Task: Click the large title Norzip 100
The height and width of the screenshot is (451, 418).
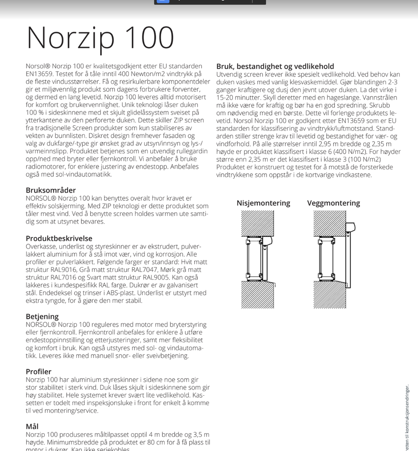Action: [x=100, y=38]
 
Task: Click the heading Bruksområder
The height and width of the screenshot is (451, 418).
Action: [x=51, y=190]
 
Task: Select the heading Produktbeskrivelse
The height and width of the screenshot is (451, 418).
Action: [x=59, y=238]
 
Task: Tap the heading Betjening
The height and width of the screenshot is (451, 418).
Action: [x=42, y=317]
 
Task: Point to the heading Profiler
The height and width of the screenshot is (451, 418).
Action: [x=38, y=371]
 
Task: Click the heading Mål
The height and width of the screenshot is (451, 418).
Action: [x=32, y=426]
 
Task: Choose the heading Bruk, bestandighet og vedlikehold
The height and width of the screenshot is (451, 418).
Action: [x=275, y=67]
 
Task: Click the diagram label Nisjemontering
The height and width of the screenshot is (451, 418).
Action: [x=263, y=203]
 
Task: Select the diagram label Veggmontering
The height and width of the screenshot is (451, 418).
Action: [x=333, y=203]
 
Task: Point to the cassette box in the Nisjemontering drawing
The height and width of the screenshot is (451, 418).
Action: [x=267, y=241]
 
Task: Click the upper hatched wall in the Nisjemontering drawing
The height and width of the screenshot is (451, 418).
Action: [x=257, y=223]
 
